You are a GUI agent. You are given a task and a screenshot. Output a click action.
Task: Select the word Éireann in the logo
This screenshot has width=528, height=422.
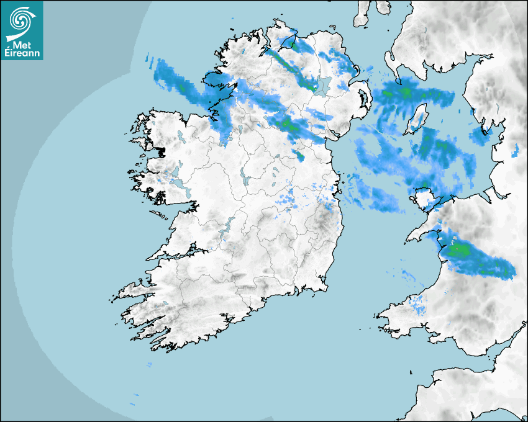tap(21, 53)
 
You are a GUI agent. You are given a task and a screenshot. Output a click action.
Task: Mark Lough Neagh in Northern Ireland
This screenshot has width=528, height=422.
tap(321, 85)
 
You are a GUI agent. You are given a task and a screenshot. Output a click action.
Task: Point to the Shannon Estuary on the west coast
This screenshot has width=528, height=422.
tap(180, 255)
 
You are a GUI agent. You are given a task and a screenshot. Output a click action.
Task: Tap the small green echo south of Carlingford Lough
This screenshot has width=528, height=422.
tap(301, 155)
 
